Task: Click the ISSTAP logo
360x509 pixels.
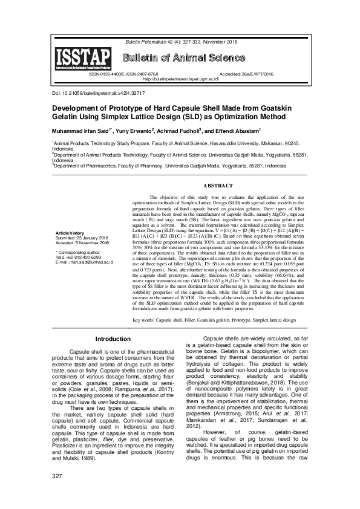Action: tap(83, 59)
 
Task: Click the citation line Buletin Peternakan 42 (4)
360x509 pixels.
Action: tap(180, 42)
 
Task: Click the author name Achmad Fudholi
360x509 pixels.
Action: tap(180, 130)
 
